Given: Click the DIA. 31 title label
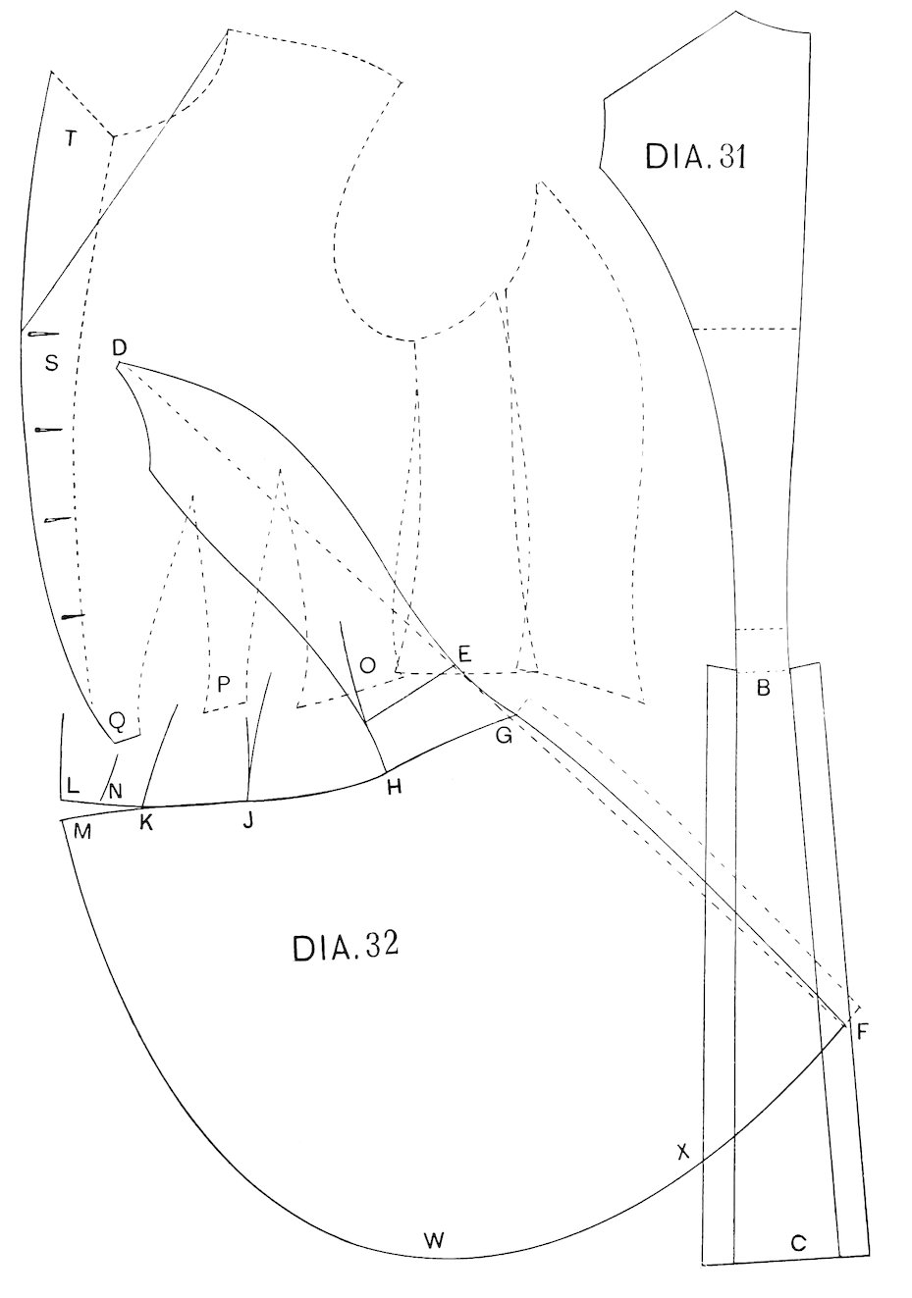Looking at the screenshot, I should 695,156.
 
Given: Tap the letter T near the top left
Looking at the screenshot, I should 70,138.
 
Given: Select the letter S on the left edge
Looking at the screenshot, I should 52,363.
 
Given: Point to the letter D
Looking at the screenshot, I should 119,346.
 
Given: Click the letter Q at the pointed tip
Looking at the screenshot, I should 117,721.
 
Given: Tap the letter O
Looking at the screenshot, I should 367,665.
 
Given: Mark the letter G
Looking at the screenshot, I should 504,736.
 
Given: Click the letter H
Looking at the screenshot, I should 394,786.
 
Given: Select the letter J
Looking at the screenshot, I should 248,821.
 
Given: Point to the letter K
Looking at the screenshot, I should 146,822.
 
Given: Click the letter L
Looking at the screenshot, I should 73,785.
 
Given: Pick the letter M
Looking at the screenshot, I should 82,832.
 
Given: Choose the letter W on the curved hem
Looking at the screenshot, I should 433,1240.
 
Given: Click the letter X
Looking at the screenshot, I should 684,1152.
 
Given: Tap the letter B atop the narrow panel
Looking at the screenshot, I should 762,688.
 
